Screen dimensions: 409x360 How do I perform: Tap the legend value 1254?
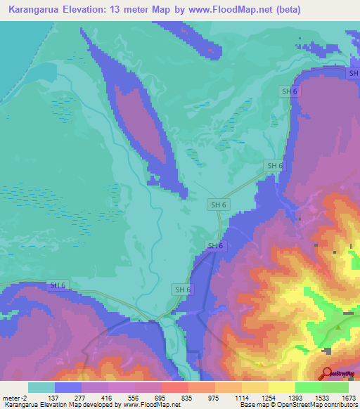(269, 398)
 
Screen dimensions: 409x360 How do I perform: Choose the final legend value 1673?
(347, 398)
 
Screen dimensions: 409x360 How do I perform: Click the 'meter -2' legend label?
(15, 398)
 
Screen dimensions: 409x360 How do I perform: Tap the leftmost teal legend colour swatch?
(41, 387)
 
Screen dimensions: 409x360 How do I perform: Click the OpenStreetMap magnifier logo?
(328, 373)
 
